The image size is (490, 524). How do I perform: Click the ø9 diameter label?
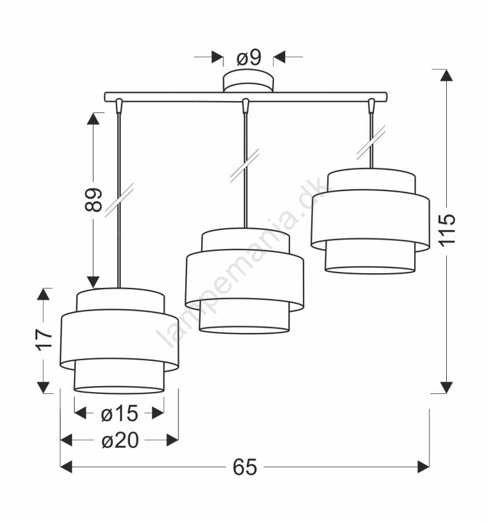(x=249, y=58)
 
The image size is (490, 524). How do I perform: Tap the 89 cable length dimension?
(x=93, y=200)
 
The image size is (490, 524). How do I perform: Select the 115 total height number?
(x=447, y=231)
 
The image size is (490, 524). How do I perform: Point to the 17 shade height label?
(x=44, y=340)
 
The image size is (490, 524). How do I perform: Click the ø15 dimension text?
(x=119, y=413)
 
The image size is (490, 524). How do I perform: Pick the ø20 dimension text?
(x=120, y=440)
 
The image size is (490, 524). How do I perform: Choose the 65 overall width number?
(x=245, y=467)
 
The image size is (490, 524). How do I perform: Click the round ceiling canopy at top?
(x=249, y=81)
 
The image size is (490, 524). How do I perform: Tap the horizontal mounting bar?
(x=246, y=97)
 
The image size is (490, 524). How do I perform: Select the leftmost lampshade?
(x=119, y=341)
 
